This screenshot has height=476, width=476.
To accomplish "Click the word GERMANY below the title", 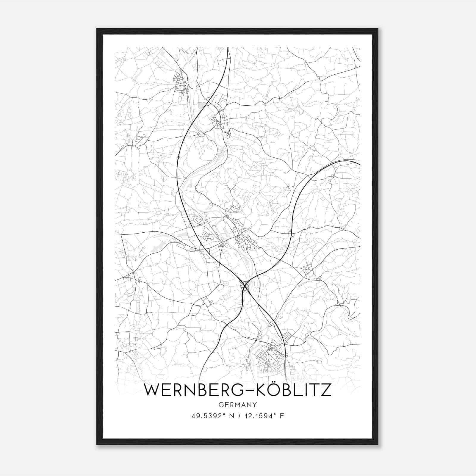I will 238,405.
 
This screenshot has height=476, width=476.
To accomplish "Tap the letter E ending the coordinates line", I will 282,416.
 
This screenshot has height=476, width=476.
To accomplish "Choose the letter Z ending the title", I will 326,390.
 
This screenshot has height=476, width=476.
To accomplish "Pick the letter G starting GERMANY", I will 220,405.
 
